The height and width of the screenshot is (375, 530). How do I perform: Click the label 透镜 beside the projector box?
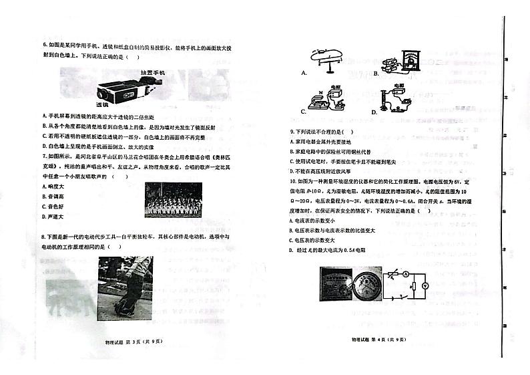(101, 105)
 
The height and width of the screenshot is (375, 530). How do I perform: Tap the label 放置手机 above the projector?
(152, 72)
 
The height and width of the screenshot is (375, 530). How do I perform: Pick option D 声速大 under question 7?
(52, 217)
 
